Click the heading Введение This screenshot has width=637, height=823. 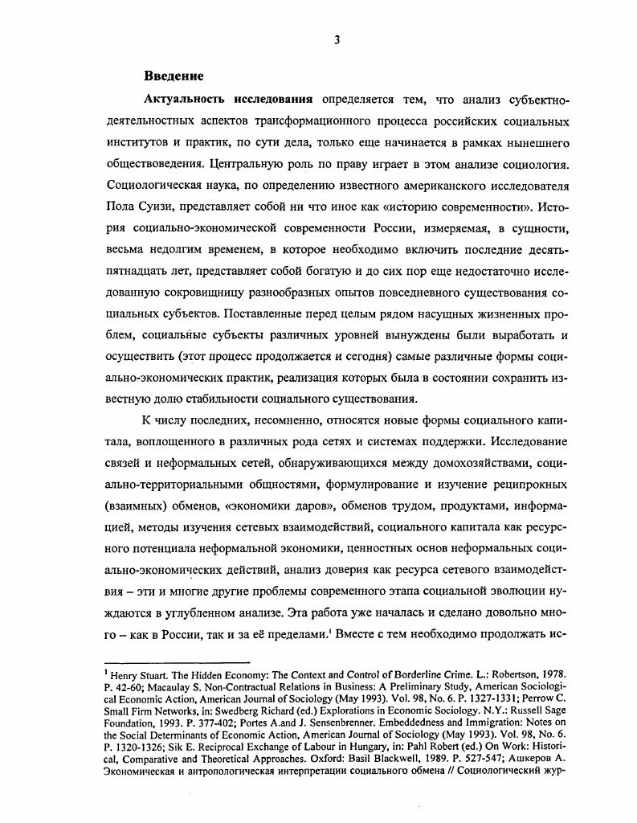pyautogui.click(x=174, y=76)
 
